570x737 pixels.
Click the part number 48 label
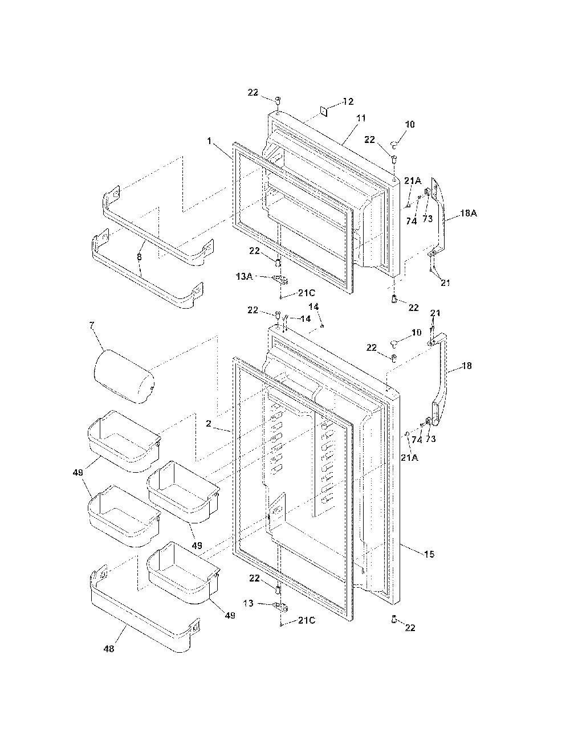tap(109, 649)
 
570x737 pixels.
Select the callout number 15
tap(429, 554)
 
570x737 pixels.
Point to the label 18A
tap(468, 213)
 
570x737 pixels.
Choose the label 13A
tap(244, 276)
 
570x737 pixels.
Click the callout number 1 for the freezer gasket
tap(209, 141)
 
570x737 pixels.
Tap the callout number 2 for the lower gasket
tap(208, 423)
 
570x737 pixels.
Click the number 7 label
tap(91, 325)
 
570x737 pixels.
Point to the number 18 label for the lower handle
tap(467, 366)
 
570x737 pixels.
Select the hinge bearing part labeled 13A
tap(280, 279)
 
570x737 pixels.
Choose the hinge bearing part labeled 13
tap(281, 606)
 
